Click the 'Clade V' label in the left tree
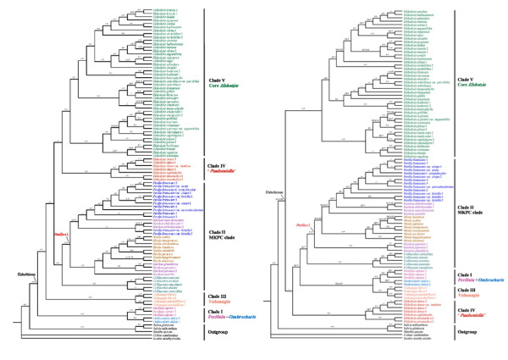pos(217,81)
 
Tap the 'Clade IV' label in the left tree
pos(217,166)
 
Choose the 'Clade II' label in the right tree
pos(465,207)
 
